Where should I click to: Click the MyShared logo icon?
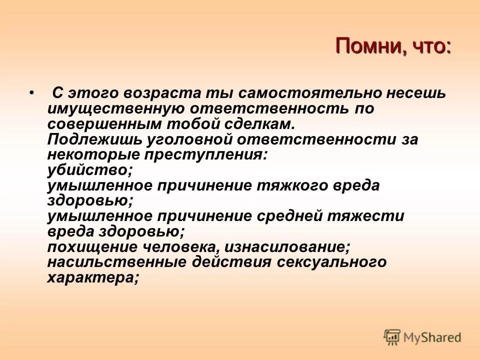[x=392, y=337]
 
